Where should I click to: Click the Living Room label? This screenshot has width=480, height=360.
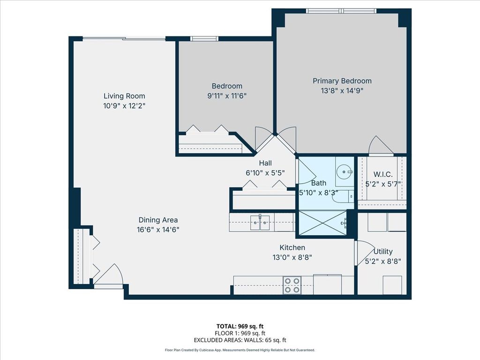click(x=124, y=96)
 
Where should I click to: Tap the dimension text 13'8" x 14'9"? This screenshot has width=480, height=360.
click(x=342, y=90)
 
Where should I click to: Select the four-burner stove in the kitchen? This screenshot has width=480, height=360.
click(x=292, y=285)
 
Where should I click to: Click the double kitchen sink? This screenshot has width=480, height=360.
click(x=260, y=223)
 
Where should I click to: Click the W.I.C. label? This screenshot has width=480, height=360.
click(x=383, y=174)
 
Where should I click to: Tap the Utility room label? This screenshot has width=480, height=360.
click(x=383, y=251)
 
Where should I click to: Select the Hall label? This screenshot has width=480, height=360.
click(x=265, y=163)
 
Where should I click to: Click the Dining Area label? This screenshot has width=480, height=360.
click(x=158, y=220)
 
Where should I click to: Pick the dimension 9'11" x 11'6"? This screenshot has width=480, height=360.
click(x=227, y=96)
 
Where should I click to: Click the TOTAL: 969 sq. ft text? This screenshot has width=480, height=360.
click(x=240, y=326)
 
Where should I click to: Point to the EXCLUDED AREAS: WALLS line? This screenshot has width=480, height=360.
click(x=240, y=340)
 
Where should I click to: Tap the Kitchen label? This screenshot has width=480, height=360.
click(x=292, y=247)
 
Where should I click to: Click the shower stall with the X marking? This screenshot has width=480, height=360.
click(x=322, y=223)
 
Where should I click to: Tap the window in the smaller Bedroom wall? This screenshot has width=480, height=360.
click(x=204, y=38)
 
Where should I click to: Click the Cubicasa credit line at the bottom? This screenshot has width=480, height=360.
click(x=240, y=350)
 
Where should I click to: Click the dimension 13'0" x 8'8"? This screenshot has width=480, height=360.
click(x=292, y=257)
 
